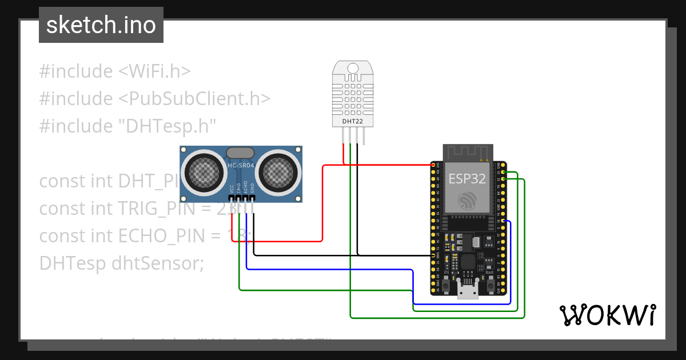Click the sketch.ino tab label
101,25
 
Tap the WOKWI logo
607,315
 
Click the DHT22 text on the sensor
353,121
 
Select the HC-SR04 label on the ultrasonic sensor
241,166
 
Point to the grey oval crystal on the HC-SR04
241,153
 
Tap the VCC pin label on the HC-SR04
231,188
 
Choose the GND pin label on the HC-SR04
252,188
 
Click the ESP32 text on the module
467,179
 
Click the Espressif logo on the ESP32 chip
468,201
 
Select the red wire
323,206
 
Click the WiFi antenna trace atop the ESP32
468,153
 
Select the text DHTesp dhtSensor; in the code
121,263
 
